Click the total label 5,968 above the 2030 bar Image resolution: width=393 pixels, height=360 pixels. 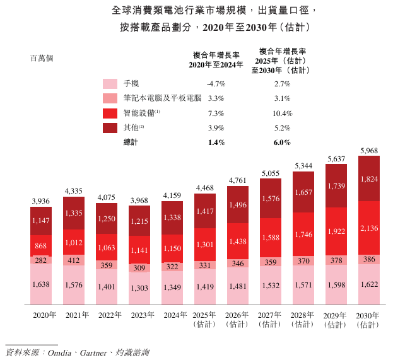pos(369,151)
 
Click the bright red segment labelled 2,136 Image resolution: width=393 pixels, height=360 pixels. pos(369,228)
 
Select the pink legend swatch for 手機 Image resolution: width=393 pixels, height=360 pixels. pos(110,84)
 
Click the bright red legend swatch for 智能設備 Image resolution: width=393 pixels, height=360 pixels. pos(110,113)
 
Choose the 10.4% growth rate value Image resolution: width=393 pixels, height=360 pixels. pos(282,113)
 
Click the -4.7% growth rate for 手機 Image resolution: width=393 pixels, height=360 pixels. pos(216,84)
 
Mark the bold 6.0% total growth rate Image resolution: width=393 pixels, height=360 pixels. pos(282,142)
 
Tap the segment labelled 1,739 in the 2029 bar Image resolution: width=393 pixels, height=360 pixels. pos(337,185)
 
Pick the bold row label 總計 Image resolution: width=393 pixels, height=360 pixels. pos(131,142)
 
